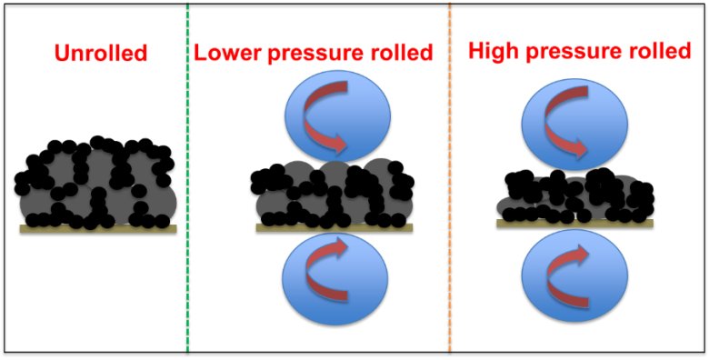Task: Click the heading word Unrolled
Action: click(101, 54)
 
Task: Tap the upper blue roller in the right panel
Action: click(574, 125)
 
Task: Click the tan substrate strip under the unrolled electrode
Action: click(98, 229)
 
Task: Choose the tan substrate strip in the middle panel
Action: click(335, 228)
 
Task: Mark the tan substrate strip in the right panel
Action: click(574, 224)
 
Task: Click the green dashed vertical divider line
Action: click(187, 179)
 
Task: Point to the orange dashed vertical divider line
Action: click(450, 179)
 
